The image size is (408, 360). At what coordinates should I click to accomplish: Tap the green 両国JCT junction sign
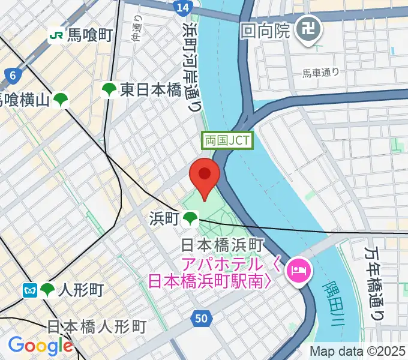click(228, 141)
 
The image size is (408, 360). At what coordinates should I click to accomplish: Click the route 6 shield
click(11, 75)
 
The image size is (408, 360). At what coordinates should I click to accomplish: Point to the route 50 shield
click(203, 319)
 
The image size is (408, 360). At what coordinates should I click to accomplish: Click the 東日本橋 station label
click(150, 90)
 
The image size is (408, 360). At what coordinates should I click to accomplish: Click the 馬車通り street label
click(320, 73)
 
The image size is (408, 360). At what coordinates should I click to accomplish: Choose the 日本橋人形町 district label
click(97, 327)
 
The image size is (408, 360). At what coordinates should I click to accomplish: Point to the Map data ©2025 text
click(358, 352)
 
